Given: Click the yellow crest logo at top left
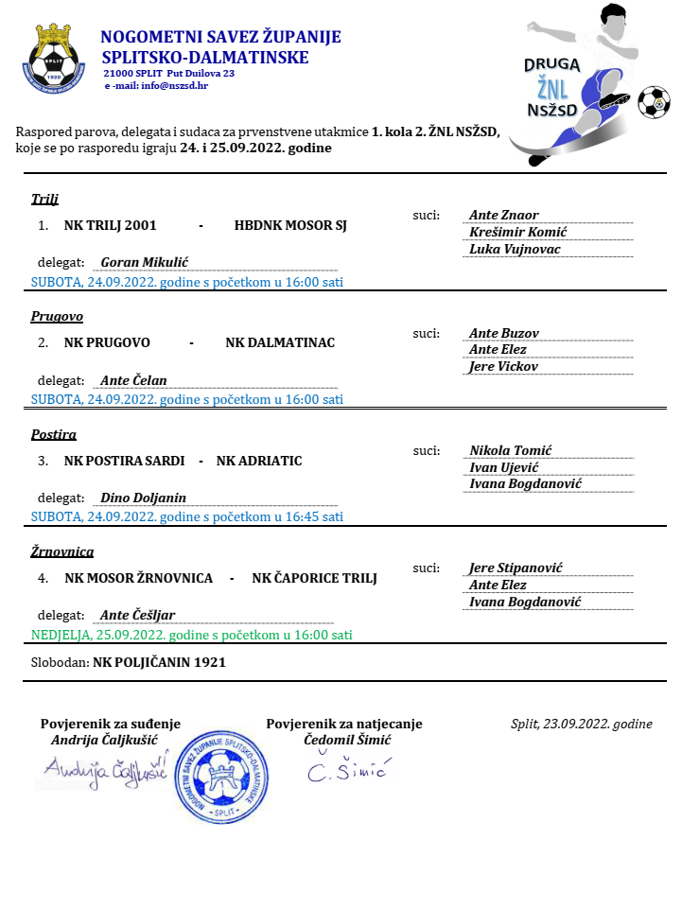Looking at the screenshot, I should pyautogui.click(x=54, y=59).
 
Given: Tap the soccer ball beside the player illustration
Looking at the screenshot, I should pyautogui.click(x=653, y=102).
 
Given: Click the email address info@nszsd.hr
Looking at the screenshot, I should pyautogui.click(x=175, y=85).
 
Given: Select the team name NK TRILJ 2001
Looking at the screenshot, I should pyautogui.click(x=109, y=226).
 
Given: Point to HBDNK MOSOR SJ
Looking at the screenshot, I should pyautogui.click(x=291, y=226).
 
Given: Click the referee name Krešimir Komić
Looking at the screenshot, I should pyautogui.click(x=518, y=233).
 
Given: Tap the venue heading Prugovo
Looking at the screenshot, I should pyautogui.click(x=57, y=316).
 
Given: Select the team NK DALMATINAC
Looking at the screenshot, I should pyautogui.click(x=280, y=342).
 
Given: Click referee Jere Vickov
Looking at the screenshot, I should pyautogui.click(x=504, y=367).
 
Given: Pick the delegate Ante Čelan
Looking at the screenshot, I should pyautogui.click(x=133, y=380).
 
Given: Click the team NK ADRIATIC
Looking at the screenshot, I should pyautogui.click(x=259, y=461).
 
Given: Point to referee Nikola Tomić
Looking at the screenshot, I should pyautogui.click(x=511, y=450).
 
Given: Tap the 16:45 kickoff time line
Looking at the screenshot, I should pyautogui.click(x=187, y=516).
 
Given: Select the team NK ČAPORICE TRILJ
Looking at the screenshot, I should pyautogui.click(x=315, y=578).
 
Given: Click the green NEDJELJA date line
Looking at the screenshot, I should pyautogui.click(x=192, y=635).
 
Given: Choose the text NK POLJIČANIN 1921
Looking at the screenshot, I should pyautogui.click(x=159, y=662).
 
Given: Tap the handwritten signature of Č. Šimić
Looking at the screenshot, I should pyautogui.click(x=346, y=772).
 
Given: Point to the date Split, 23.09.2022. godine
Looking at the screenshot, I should pyautogui.click(x=581, y=725).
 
